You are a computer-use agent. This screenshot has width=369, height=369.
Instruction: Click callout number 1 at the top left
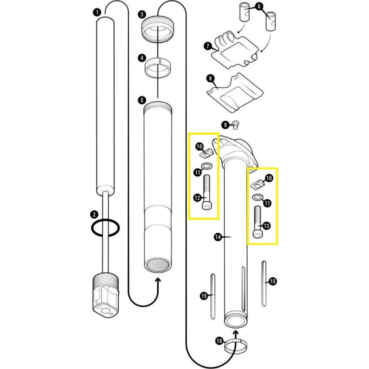97,13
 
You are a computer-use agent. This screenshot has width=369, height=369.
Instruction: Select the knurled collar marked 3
157,30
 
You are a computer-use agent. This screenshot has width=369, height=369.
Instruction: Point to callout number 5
141,100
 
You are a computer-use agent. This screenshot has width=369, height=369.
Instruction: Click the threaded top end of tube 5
158,107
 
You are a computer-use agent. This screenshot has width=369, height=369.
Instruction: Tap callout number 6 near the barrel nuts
260,6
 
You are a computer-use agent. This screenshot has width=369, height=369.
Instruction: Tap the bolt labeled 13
257,221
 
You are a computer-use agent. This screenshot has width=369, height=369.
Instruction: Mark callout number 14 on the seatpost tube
219,237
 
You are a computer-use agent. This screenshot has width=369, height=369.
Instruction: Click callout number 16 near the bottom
219,341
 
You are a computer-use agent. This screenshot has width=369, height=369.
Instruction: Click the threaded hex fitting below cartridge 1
105,294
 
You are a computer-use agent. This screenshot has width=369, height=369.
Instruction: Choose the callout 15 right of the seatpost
273,281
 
